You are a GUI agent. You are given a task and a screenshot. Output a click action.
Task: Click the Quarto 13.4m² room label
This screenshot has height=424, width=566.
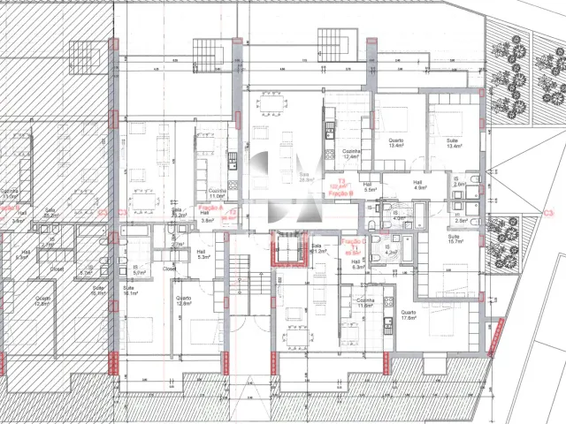point(395,144)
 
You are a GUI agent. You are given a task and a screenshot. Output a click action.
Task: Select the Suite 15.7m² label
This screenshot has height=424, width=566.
point(454,239)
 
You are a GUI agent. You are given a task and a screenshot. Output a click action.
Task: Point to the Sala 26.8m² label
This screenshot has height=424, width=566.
point(306,178)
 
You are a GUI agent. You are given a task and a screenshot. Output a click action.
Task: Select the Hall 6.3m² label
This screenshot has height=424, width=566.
point(357,264)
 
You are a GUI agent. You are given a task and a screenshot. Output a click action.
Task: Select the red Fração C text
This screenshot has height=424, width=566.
point(353,242)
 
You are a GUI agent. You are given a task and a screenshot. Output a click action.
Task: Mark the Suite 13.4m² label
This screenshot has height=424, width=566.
point(455,144)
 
